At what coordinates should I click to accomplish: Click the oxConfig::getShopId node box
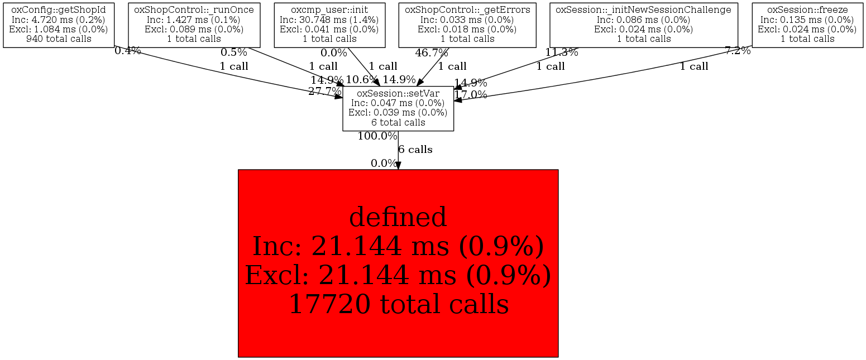pos(59,25)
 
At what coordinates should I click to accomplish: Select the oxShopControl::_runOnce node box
pos(194,25)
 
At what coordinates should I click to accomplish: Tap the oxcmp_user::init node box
pos(330,25)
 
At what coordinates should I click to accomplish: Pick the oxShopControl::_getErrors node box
pos(467,25)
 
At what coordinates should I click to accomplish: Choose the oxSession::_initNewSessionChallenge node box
pos(644,25)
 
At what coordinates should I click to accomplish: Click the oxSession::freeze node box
pos(807,25)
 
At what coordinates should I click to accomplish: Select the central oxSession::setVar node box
pos(398,108)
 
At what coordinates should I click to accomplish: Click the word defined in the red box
pos(398,217)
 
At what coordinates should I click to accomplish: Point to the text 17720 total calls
pos(398,304)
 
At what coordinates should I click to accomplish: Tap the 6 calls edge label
pos(415,150)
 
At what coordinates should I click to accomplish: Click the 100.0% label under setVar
pos(377,136)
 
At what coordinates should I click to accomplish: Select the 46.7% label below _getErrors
pos(432,53)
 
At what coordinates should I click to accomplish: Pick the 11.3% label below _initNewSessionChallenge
pos(562,53)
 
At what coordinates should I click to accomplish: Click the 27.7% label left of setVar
pos(324,92)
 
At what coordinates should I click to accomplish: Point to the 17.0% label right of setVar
pos(471,95)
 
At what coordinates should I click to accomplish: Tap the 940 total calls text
pos(59,39)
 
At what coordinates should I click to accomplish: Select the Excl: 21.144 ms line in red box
pos(398,275)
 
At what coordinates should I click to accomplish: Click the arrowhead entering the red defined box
pos(398,165)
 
